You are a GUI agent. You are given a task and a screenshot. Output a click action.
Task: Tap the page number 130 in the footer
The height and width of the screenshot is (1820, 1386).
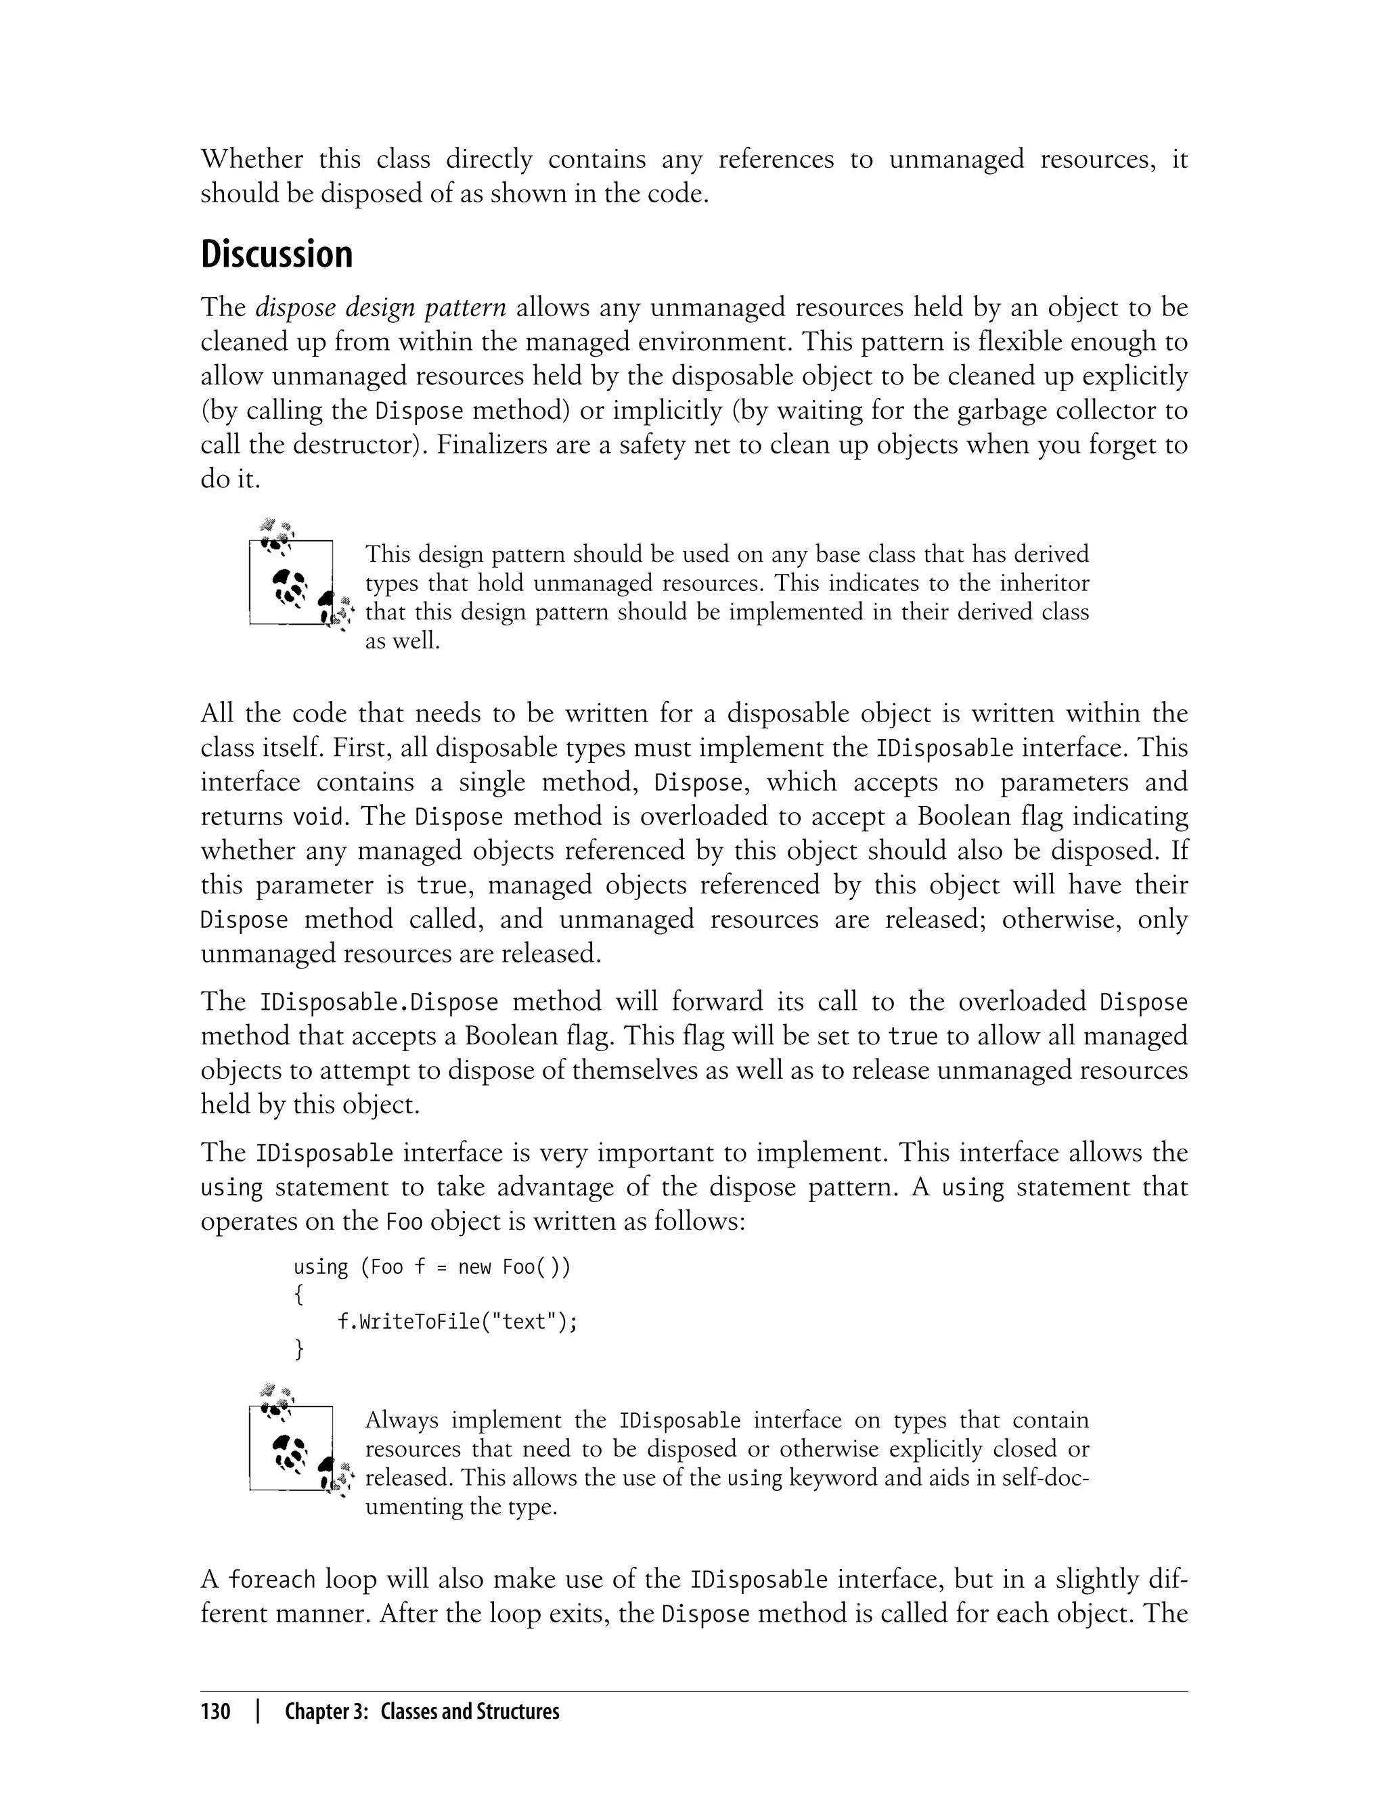coord(215,1711)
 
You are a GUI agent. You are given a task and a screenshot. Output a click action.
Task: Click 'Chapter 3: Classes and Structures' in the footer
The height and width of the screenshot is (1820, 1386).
coord(422,1711)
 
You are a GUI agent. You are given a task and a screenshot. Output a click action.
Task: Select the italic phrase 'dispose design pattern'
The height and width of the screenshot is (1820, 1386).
coord(380,308)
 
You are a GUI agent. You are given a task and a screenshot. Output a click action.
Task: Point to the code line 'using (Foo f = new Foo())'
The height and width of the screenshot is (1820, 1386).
coord(432,1266)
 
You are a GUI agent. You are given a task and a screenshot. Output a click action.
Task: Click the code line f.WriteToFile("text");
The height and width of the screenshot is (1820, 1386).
coord(457,1322)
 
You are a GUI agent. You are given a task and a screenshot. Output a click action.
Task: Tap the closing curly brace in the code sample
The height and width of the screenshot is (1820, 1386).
coord(298,1350)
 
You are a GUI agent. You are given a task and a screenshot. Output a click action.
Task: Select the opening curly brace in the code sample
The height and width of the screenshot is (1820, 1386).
coord(298,1295)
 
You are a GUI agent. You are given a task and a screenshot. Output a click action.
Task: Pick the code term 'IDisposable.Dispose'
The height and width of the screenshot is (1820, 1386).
coord(379,1002)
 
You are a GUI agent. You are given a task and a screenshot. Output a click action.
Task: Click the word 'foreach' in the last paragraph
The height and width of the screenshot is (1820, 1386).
coord(271,1580)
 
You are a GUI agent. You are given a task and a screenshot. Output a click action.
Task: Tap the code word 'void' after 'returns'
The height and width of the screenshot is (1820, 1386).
coord(319,818)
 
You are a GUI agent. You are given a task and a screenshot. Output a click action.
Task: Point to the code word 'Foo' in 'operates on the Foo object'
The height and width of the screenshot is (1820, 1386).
coord(404,1222)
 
